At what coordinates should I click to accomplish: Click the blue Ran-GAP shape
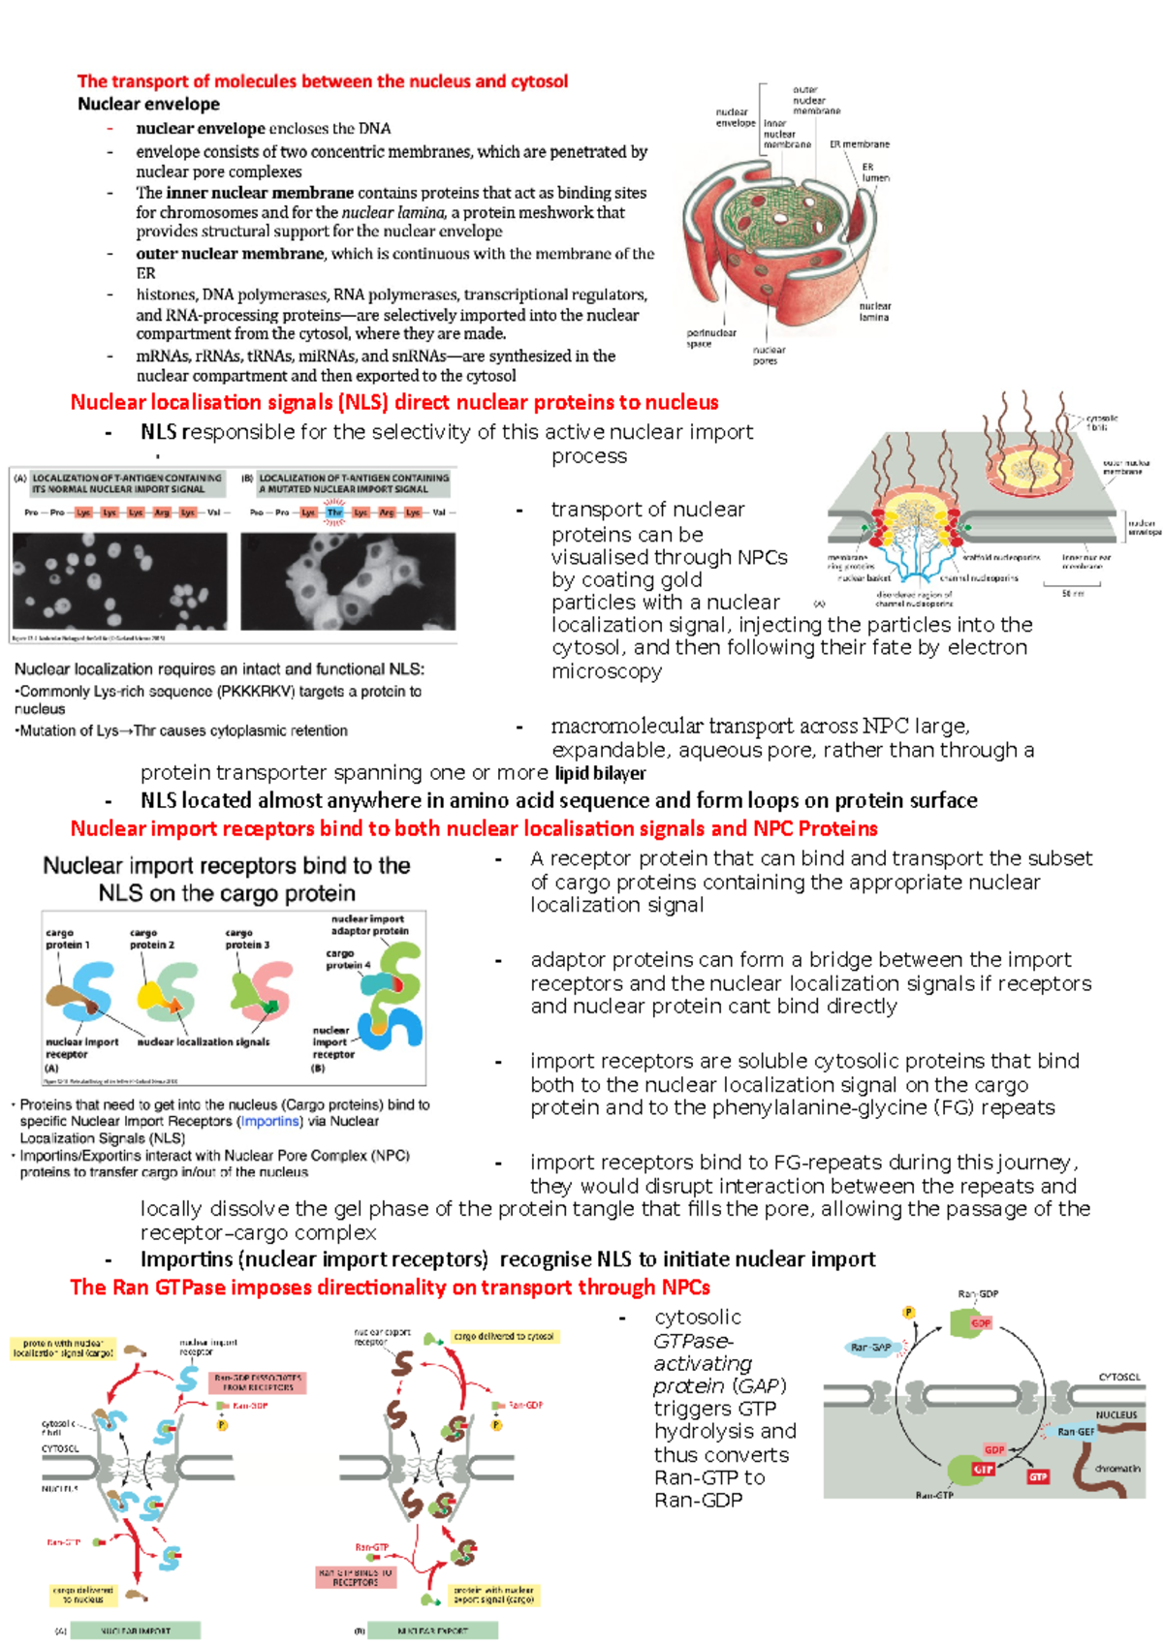coord(870,1347)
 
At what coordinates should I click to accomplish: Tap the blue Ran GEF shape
coord(1074,1431)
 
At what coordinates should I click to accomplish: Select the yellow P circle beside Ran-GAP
coord(908,1313)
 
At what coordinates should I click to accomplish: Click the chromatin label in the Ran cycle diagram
coord(1116,1469)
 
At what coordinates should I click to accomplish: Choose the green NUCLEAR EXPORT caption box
coord(432,1630)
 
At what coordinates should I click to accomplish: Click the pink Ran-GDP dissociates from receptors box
coord(258,1382)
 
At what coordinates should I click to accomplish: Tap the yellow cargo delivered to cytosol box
coord(504,1336)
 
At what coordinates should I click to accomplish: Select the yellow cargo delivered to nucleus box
coord(83,1595)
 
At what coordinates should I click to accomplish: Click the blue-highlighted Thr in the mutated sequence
coord(334,512)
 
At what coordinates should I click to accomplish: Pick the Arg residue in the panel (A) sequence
coord(161,512)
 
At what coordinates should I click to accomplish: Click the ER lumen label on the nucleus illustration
coord(875,172)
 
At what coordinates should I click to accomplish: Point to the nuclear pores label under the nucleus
coord(768,356)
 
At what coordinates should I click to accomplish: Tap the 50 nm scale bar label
coord(1073,593)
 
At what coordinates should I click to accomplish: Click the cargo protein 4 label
coord(348,959)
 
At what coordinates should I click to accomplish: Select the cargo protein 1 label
coord(67,939)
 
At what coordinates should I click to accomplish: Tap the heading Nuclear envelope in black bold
coord(148,105)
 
